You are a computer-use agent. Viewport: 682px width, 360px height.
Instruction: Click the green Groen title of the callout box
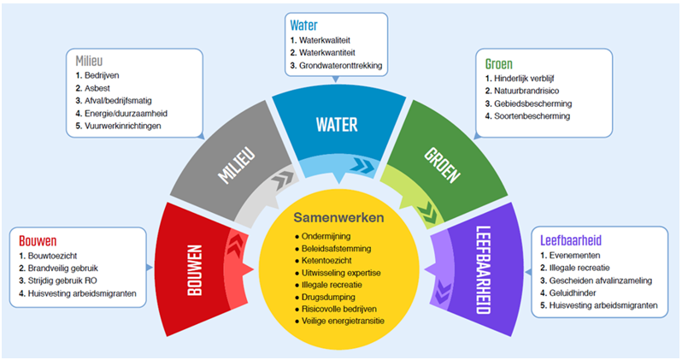click(x=500, y=64)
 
